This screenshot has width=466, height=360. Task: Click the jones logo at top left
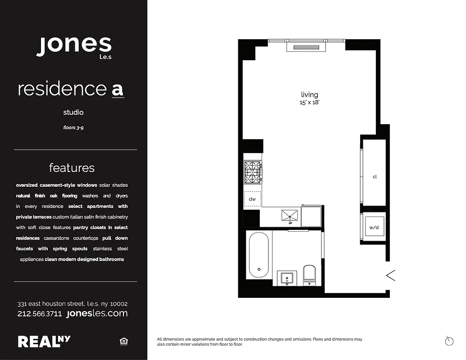tap(74, 46)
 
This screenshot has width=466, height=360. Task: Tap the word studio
tap(73, 112)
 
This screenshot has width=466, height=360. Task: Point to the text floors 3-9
tap(73, 128)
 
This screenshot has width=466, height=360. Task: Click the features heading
tap(72, 168)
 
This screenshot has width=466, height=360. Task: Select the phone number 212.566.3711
tap(40, 314)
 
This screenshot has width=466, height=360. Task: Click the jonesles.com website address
tap(97, 313)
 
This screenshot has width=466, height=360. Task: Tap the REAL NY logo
tap(44, 342)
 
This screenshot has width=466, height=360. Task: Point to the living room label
tap(309, 94)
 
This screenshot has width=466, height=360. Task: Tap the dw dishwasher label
tap(252, 198)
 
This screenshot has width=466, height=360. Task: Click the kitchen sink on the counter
tap(291, 216)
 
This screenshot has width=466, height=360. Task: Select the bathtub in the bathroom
tap(259, 256)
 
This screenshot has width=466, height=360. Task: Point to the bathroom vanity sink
tap(286, 278)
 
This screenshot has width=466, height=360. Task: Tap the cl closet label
tap(374, 177)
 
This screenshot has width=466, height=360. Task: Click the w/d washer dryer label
tap(374, 228)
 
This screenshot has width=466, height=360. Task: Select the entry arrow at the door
tap(390, 275)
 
